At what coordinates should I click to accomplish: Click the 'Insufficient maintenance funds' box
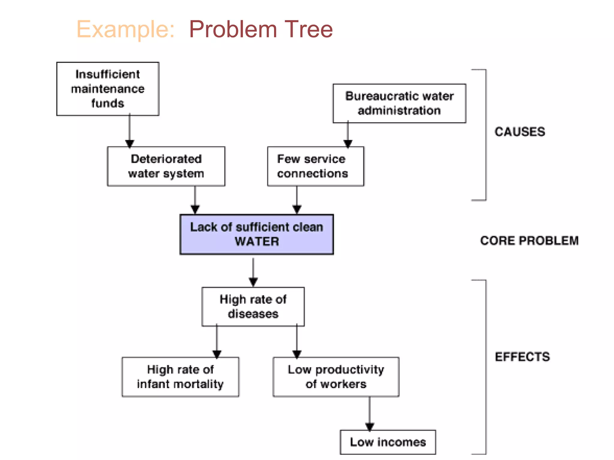click(x=108, y=89)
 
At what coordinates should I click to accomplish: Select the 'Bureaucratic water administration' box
click(x=399, y=103)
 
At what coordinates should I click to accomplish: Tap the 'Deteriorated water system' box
click(x=166, y=166)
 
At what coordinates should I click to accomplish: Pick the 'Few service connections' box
click(x=315, y=166)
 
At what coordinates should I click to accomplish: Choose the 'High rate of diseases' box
click(x=253, y=307)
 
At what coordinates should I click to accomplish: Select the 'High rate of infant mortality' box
click(x=180, y=377)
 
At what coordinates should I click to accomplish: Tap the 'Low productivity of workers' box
click(x=336, y=377)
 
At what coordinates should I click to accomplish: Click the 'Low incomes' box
click(x=388, y=442)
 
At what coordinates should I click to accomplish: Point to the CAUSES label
click(x=520, y=132)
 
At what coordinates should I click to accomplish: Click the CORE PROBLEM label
click(x=529, y=241)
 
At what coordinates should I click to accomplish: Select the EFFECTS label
click(x=522, y=357)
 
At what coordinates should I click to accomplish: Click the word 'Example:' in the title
click(x=126, y=29)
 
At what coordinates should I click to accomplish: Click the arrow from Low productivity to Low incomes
click(x=369, y=414)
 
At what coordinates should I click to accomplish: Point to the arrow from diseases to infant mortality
click(x=217, y=341)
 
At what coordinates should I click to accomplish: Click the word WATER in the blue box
click(x=257, y=241)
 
